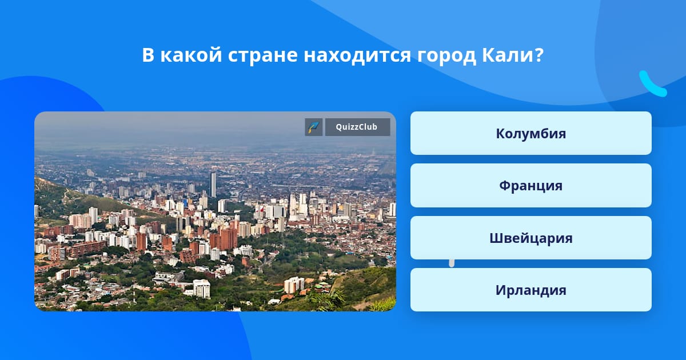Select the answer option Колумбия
[531, 133]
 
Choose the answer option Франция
[531, 186]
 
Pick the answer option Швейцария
[531, 238]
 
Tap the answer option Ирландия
[531, 290]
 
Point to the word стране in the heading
[262, 55]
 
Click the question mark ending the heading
[538, 55]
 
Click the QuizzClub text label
[357, 127]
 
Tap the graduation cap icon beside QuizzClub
[314, 127]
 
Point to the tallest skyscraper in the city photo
[213, 185]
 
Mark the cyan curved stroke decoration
[652, 84]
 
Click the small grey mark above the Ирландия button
[452, 263]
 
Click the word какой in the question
[191, 55]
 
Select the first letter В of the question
[148, 55]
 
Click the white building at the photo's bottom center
[201, 289]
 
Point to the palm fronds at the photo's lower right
[328, 298]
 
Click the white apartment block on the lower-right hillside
[294, 285]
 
